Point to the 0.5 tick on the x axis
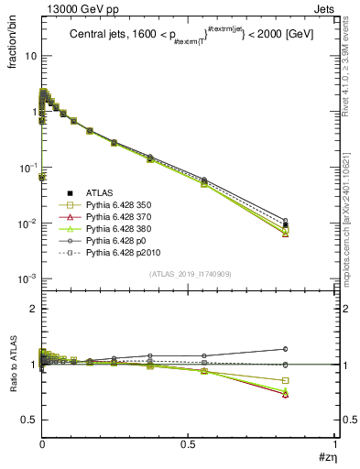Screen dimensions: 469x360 (189, 448)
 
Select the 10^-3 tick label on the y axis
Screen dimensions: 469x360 (26, 279)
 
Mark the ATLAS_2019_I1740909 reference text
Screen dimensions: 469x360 (189, 274)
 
